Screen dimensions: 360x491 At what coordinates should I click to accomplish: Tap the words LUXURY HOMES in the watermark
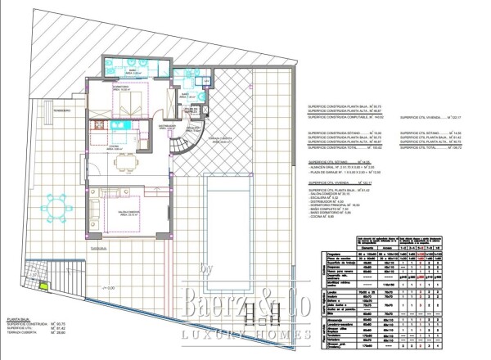245,335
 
